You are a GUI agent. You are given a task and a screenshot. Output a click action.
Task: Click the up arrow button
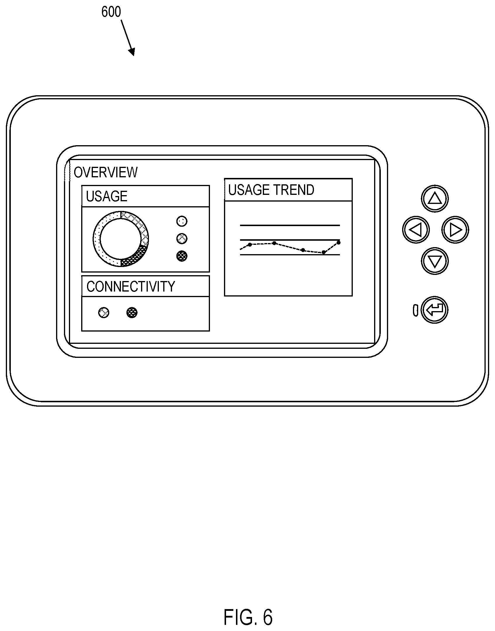click(x=435, y=198)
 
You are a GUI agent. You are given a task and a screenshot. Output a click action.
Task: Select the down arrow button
click(x=435, y=261)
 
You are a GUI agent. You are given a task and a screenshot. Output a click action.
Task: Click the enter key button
click(x=435, y=310)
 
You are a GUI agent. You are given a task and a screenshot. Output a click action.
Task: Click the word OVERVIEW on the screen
click(x=105, y=172)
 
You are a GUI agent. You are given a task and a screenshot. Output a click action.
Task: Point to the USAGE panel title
click(x=107, y=196)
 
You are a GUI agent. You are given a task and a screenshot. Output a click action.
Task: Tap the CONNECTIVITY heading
click(x=131, y=287)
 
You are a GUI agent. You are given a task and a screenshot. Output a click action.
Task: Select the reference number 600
click(x=111, y=12)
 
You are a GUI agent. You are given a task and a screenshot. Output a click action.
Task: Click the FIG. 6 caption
click(x=248, y=617)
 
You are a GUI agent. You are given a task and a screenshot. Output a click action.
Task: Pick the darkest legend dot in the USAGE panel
click(x=182, y=256)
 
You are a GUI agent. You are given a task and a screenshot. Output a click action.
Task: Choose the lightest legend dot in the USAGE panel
click(x=182, y=221)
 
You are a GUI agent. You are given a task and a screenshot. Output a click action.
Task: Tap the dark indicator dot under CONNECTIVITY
click(x=132, y=313)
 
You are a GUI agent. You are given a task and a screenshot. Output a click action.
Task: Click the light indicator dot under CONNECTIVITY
click(x=104, y=313)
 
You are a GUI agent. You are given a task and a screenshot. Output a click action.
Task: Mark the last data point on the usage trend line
click(x=338, y=242)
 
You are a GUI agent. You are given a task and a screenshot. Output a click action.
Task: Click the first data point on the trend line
click(x=250, y=245)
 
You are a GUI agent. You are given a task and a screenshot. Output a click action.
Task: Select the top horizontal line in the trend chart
click(x=290, y=225)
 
